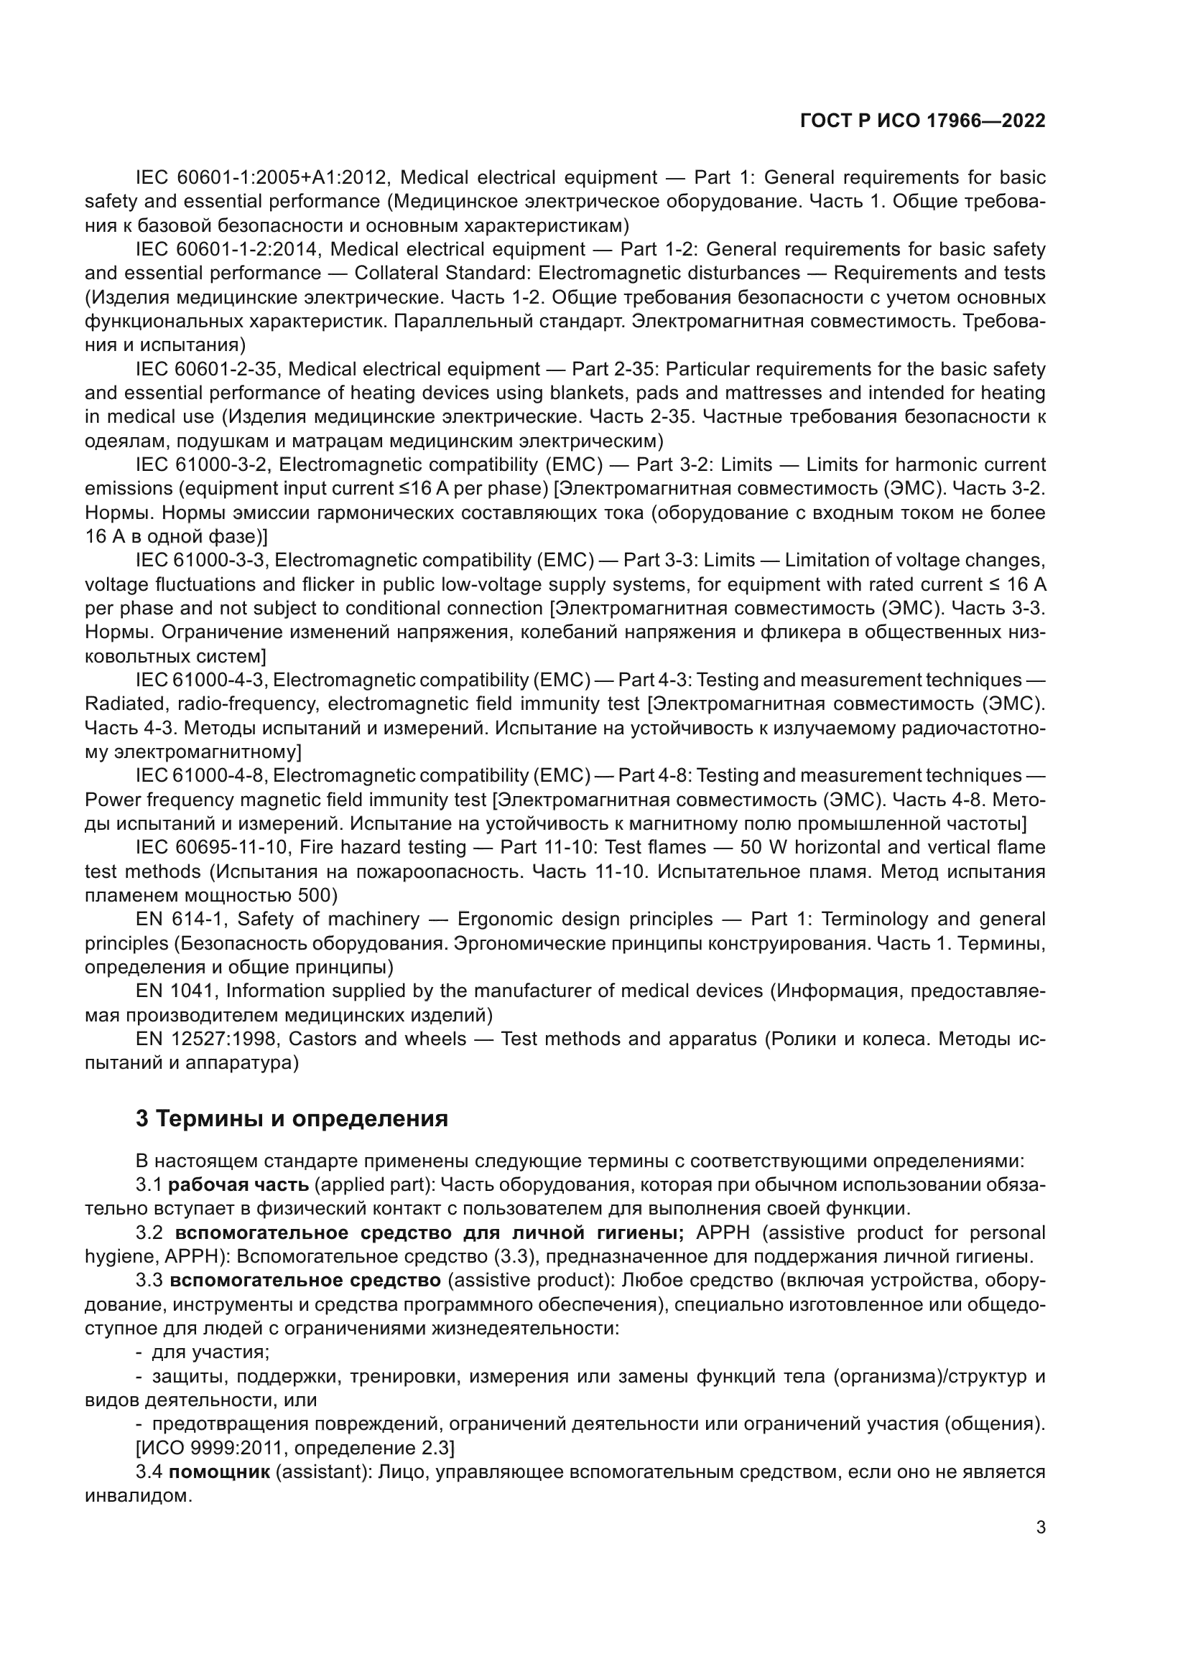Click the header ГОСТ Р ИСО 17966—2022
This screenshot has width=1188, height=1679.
(x=923, y=121)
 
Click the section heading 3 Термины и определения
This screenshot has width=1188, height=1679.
(x=291, y=1119)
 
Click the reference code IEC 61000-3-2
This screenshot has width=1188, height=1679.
(x=202, y=464)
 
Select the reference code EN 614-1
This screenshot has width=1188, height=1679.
(x=182, y=919)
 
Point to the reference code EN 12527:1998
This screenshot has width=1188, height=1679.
(x=207, y=1039)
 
